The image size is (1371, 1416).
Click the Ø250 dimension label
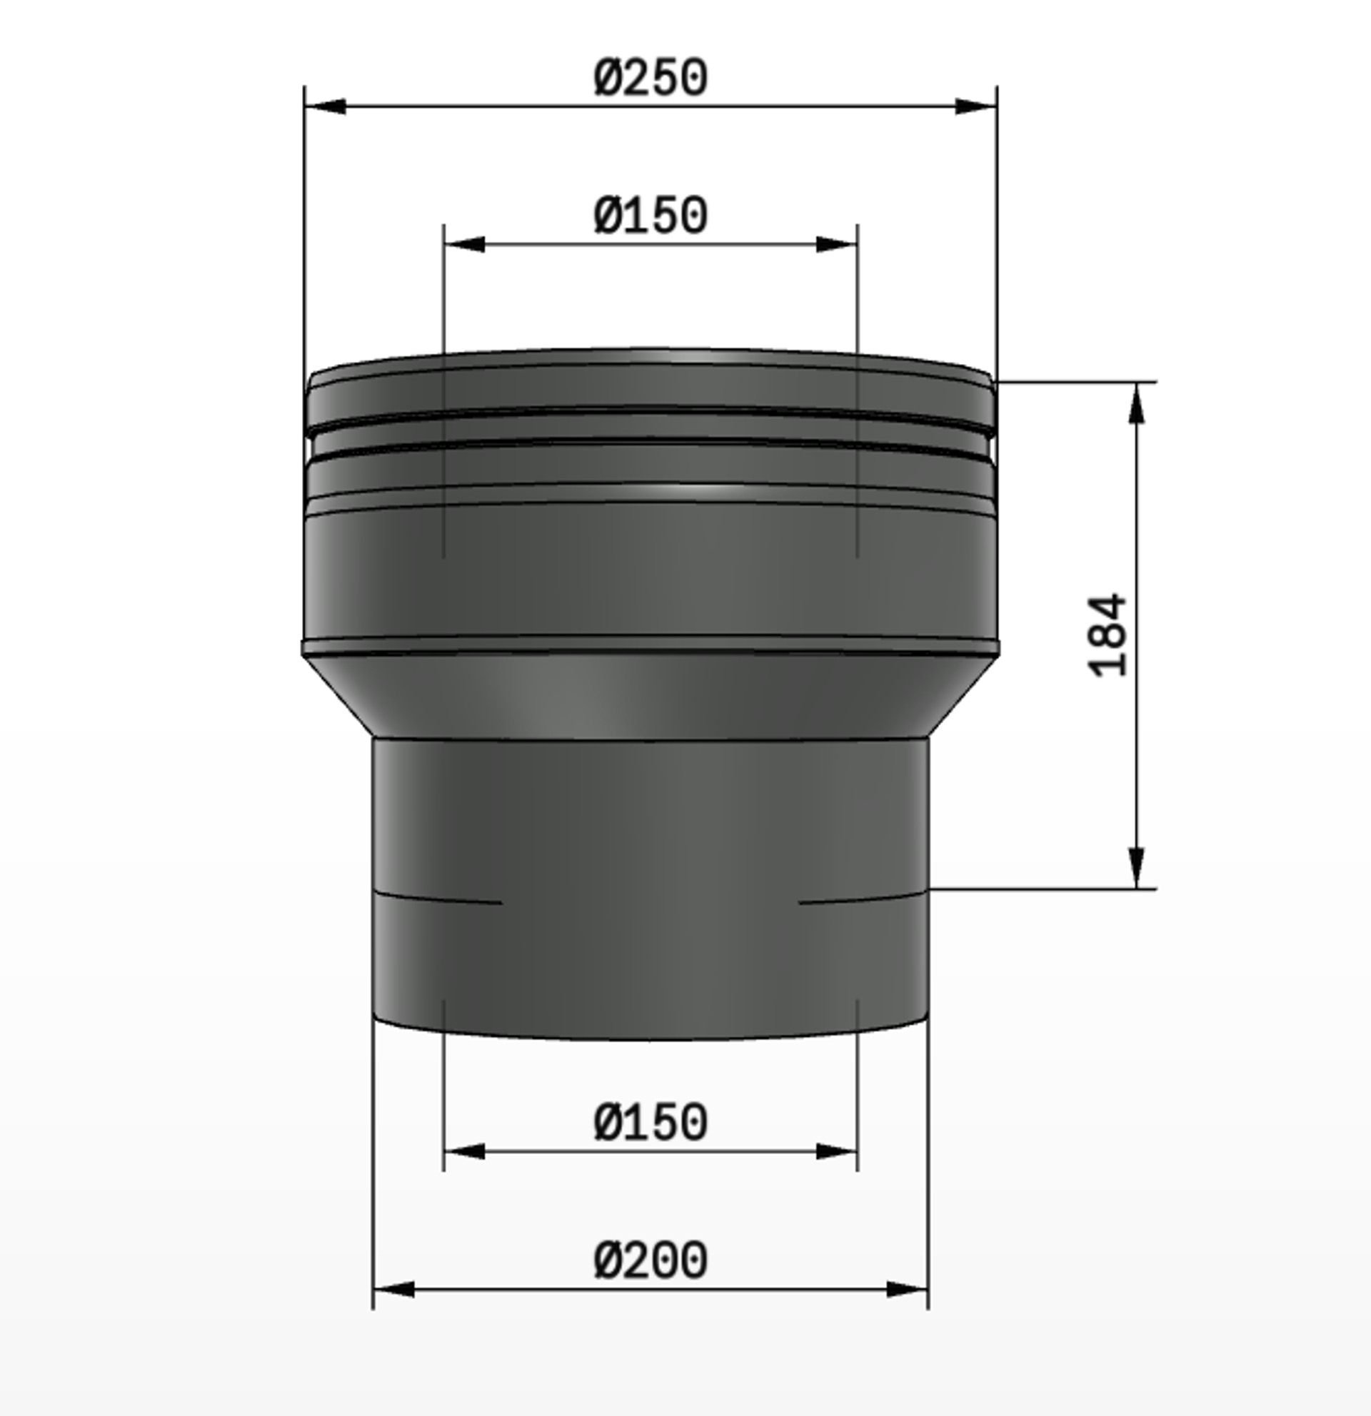651,78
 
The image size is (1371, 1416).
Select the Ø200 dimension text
651,1260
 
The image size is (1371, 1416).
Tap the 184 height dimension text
1107,636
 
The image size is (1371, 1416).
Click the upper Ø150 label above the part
651,216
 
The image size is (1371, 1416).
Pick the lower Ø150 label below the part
651,1123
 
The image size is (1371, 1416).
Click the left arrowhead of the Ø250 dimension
324,107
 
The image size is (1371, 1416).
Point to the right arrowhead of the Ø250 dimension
976,107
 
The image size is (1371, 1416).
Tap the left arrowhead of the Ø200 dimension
394,1290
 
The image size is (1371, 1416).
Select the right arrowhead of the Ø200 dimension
907,1290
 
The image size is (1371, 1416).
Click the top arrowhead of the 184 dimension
1138,403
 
